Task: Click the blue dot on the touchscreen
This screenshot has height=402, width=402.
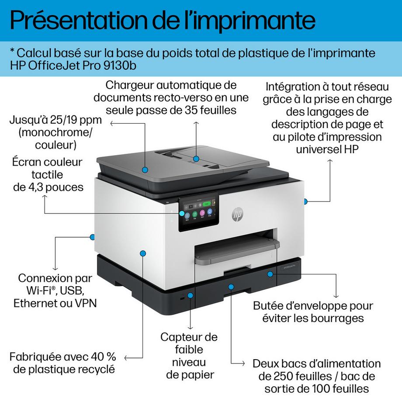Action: pos(182,213)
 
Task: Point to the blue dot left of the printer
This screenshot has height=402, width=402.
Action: pos(92,237)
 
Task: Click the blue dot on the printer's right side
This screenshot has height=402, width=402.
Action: pos(305,201)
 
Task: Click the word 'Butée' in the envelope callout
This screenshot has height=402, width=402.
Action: pos(270,305)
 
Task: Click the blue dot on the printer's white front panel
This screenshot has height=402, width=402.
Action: pos(143,253)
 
